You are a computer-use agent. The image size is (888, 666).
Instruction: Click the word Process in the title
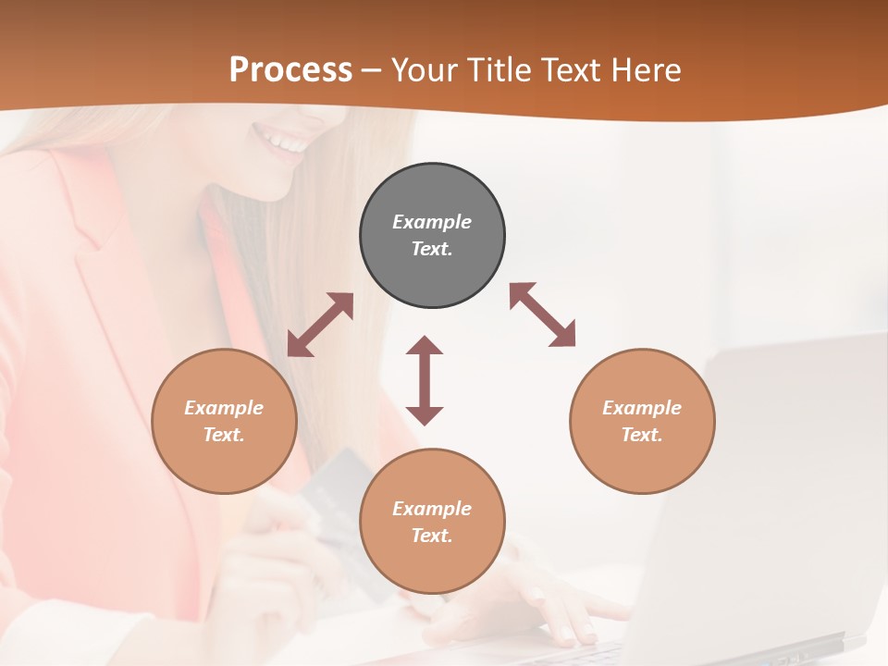(290, 69)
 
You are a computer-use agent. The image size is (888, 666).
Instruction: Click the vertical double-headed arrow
(425, 380)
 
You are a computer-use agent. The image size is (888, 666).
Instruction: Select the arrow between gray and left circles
(320, 325)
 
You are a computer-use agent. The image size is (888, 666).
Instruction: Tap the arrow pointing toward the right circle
(542, 314)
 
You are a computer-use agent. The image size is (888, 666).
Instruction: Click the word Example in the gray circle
(432, 222)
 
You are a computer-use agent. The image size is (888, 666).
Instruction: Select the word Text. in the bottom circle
(432, 536)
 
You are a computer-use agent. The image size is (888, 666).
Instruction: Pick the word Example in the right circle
(642, 408)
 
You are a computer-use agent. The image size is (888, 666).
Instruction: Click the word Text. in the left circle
(224, 435)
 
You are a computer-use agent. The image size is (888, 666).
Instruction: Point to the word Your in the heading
(422, 69)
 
